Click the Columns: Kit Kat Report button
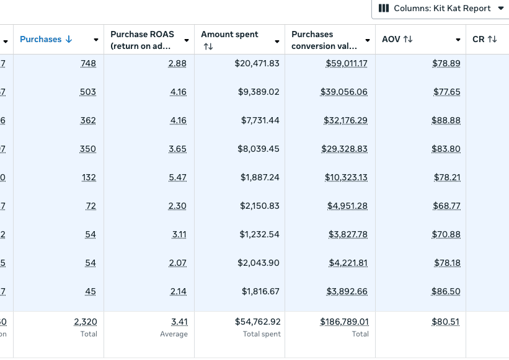click(x=441, y=9)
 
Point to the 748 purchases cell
click(x=88, y=64)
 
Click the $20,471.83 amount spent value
click(x=257, y=64)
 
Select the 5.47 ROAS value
click(x=177, y=178)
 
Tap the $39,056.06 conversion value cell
click(x=343, y=92)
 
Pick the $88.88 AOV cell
click(x=446, y=121)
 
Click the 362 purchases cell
click(x=88, y=121)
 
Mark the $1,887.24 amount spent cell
click(x=260, y=178)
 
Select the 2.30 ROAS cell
click(x=177, y=206)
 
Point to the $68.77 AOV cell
click(x=446, y=206)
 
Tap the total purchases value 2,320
click(x=85, y=322)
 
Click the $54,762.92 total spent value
click(x=257, y=322)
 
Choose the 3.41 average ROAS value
click(x=179, y=322)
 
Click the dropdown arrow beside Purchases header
click(x=96, y=40)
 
